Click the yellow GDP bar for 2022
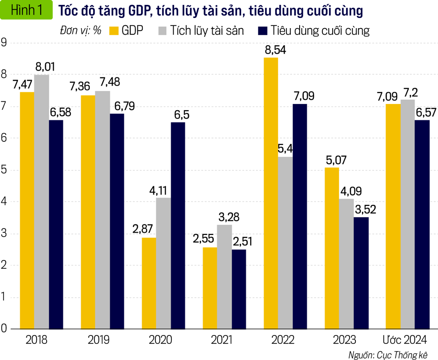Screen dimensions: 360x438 click(x=271, y=193)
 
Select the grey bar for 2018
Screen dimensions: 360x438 click(x=42, y=202)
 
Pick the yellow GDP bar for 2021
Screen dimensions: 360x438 click(x=210, y=288)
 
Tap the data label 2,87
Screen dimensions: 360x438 click(x=143, y=230)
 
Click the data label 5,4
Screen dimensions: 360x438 click(x=286, y=148)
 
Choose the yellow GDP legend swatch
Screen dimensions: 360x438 click(x=115, y=31)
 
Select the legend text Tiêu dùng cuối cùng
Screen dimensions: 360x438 click(x=320, y=31)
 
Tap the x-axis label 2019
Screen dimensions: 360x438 click(x=99, y=340)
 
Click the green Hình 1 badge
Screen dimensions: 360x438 click(x=26, y=11)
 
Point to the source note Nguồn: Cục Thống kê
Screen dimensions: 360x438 click(x=387, y=354)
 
